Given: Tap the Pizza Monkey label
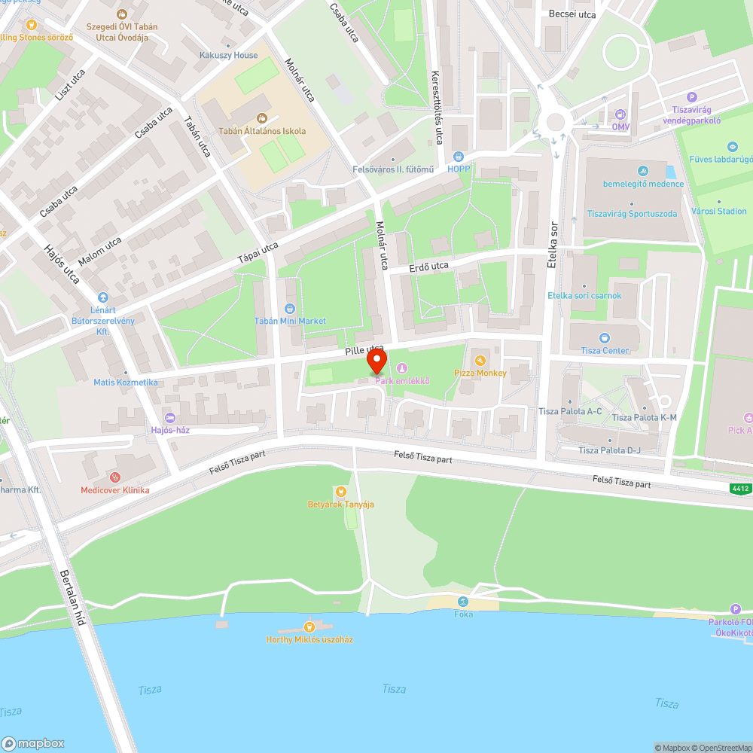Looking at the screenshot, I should point(480,373).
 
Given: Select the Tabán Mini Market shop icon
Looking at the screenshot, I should point(290,309).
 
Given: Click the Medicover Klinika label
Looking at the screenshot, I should point(115,490).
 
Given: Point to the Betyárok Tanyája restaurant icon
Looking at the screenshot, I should point(340,492).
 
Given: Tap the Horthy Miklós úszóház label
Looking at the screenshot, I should point(309,639).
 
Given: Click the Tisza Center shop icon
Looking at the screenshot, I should point(604,338).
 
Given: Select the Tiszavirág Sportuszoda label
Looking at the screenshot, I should point(631,214).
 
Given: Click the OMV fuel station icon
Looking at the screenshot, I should point(620,115).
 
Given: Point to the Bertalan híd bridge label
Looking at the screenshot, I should point(72,599).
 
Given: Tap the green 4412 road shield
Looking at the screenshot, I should point(740,489).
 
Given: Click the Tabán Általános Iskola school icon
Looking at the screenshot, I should point(262,118).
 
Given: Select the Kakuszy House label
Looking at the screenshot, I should point(229,55).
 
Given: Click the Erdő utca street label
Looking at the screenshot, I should point(428,267).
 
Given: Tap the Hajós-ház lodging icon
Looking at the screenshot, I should point(169,418).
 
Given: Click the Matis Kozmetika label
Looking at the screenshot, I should point(126,383).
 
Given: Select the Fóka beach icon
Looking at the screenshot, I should point(464,602).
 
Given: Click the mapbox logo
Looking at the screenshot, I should point(33,742).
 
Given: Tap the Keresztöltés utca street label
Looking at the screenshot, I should point(435,107).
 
